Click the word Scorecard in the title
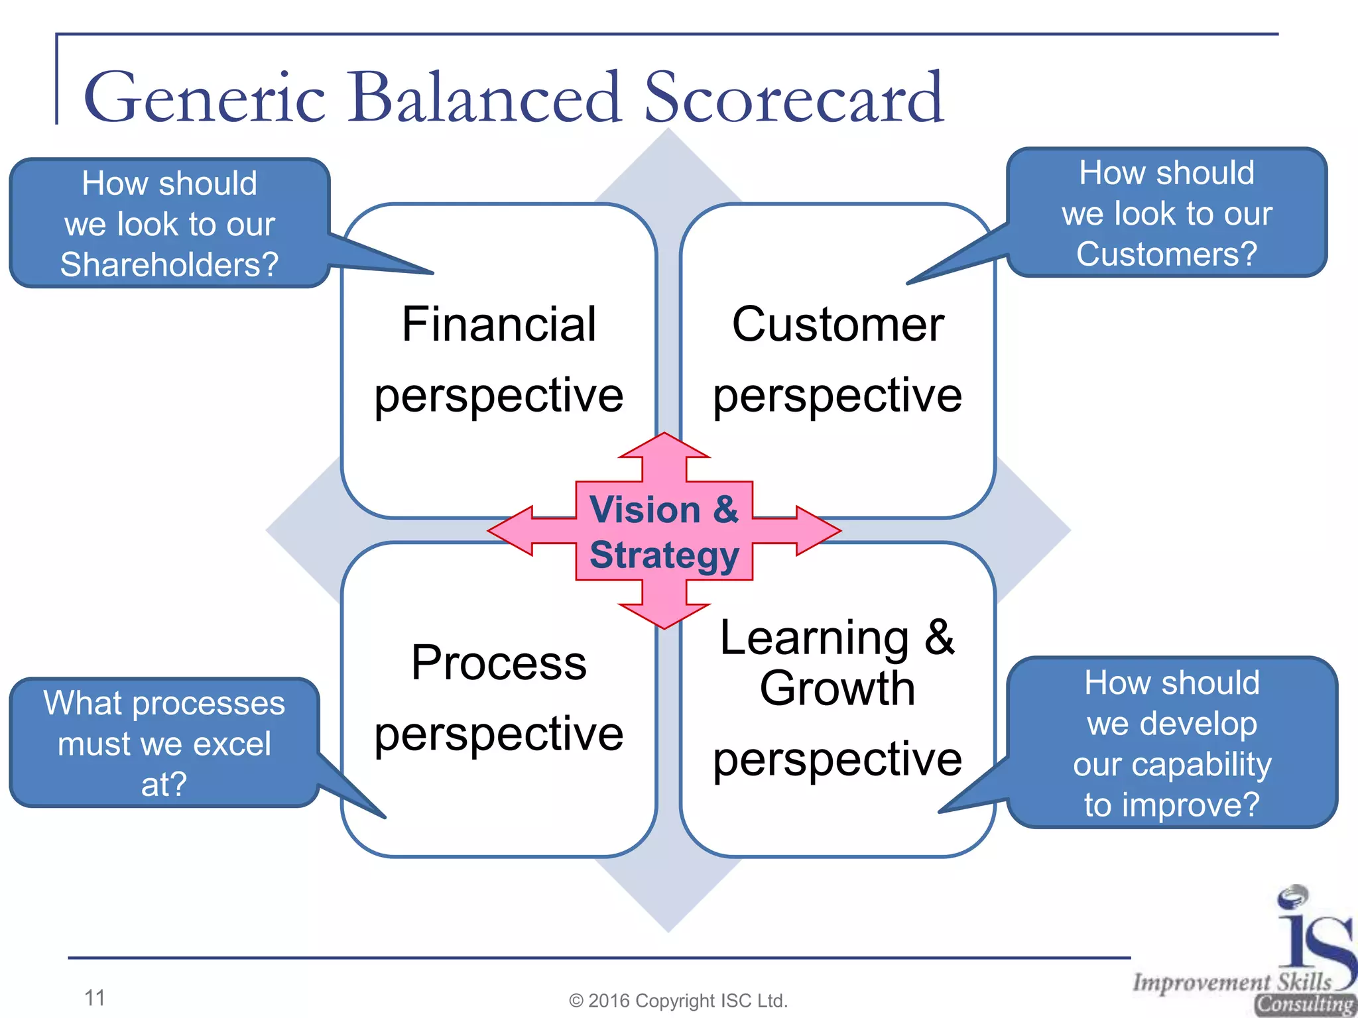pyautogui.click(x=793, y=98)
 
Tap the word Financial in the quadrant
pyautogui.click(x=499, y=325)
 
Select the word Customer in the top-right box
pyautogui.click(x=837, y=325)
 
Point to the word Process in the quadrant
pyautogui.click(x=499, y=663)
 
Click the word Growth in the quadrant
pyautogui.click(x=837, y=689)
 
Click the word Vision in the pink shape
pyautogui.click(x=645, y=510)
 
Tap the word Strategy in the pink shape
pyautogui.click(x=664, y=555)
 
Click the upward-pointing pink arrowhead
pyautogui.click(x=664, y=447)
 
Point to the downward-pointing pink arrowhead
pyautogui.click(x=664, y=614)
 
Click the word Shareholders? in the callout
pyautogui.click(x=169, y=264)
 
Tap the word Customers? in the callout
pyautogui.click(x=1166, y=254)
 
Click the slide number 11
pyautogui.click(x=95, y=997)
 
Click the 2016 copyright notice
pyautogui.click(x=678, y=1001)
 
